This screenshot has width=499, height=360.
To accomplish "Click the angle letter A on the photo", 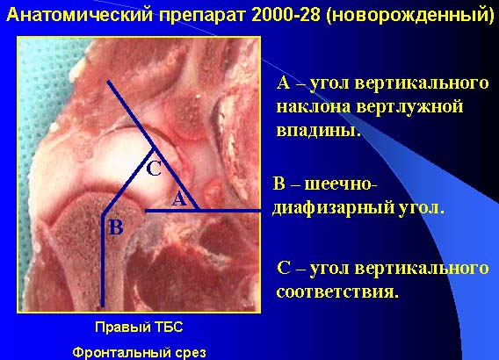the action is click(179, 199).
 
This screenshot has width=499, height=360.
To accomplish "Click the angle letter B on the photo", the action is click(116, 227).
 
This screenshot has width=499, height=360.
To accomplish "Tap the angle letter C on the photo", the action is click(154, 169).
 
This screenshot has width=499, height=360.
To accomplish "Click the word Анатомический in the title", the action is click(80, 15).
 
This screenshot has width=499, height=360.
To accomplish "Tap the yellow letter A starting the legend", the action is click(283, 83).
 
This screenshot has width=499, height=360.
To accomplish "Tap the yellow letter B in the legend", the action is click(278, 184).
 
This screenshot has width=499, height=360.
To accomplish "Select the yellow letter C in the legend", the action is click(284, 268).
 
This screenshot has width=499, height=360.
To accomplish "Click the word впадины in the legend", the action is click(319, 129).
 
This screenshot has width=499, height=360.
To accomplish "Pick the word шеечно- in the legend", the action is click(341, 184).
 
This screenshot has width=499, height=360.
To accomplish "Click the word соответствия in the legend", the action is click(337, 291).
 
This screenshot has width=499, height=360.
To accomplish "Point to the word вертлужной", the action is click(409, 106).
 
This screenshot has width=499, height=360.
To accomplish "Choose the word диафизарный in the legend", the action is click(333, 208).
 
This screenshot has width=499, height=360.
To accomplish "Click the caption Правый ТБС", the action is click(139, 327).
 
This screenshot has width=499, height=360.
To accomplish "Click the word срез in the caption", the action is click(191, 353).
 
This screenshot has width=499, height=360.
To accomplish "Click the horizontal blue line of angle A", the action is click(203, 210).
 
